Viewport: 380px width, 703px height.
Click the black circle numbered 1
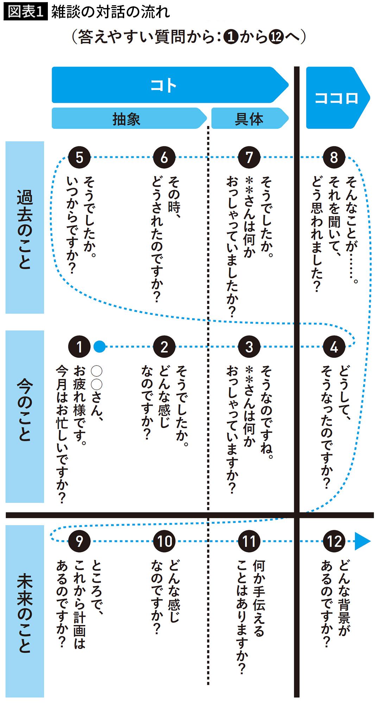tap(79, 347)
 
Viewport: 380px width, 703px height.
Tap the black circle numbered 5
tap(79, 157)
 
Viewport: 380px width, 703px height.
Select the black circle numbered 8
tap(334, 157)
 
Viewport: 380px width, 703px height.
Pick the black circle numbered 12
tap(334, 541)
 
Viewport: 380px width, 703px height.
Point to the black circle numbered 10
tap(164, 541)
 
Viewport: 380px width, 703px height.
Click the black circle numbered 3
tap(249, 347)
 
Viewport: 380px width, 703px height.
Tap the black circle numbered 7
tap(249, 157)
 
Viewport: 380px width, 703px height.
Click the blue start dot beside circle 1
tap(100, 347)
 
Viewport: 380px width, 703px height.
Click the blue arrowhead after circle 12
tap(362, 541)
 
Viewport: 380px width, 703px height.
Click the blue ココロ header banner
tap(336, 98)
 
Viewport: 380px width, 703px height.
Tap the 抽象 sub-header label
tap(127, 119)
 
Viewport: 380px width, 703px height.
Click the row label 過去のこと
tap(25, 228)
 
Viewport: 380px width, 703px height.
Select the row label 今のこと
tap(25, 417)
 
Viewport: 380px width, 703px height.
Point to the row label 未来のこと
tap(25, 612)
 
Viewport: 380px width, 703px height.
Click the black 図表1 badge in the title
tap(25, 12)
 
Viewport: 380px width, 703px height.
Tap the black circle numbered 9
tap(79, 541)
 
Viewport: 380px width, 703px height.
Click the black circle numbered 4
tap(334, 347)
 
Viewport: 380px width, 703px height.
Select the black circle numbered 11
tap(249, 541)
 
